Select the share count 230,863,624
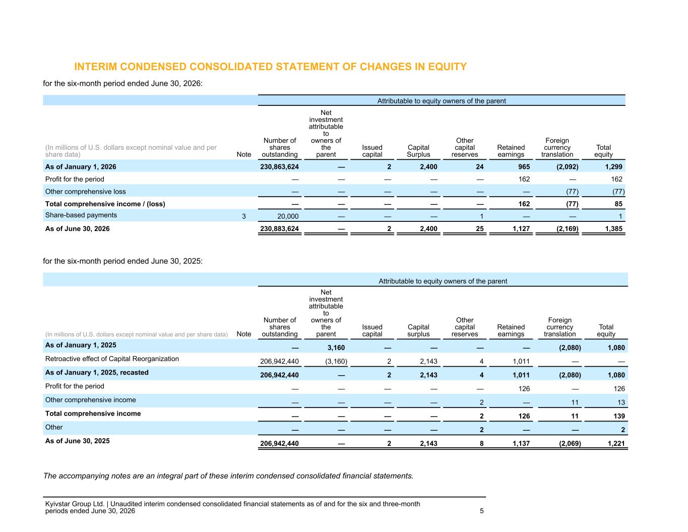tap(279, 167)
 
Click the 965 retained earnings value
tap(524, 167)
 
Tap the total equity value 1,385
tap(613, 228)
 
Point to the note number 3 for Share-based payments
tap(244, 217)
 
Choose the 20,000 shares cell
tap(288, 217)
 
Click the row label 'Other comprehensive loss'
tap(86, 192)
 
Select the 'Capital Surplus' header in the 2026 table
tap(418, 151)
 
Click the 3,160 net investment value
tap(336, 348)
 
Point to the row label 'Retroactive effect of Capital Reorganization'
tap(112, 359)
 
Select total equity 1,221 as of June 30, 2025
tap(616, 444)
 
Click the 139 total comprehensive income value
tap(619, 416)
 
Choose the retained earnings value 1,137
tap(521, 444)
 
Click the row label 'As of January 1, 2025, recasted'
tap(97, 372)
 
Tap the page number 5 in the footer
tap(481, 511)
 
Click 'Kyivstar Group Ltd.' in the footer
tap(75, 504)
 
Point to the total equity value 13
tap(621, 402)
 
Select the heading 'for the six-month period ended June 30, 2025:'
tap(123, 261)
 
